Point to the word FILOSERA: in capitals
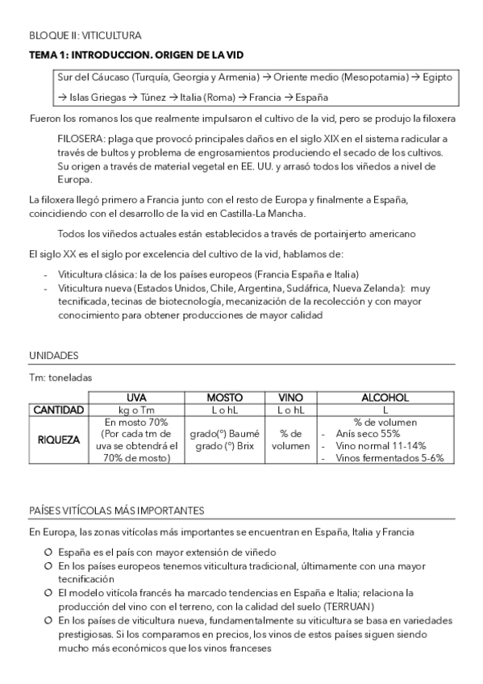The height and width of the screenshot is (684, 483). pos(81,140)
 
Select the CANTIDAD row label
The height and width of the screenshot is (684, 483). pos(59,411)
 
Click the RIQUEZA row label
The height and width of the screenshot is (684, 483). pos(59,440)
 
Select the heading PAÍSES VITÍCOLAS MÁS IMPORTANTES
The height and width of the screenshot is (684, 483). pos(115,511)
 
